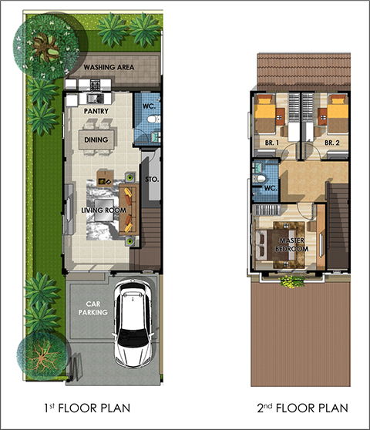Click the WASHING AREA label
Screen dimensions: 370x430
point(109,67)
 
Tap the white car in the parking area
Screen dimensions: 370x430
point(133,323)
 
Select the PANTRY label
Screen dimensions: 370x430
point(96,111)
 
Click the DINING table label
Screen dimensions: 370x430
point(96,139)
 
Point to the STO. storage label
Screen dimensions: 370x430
point(152,180)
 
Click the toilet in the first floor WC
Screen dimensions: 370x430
point(153,119)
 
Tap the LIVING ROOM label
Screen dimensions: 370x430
point(103,210)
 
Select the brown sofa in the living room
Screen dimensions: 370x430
point(129,210)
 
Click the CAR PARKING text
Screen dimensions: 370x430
point(92,308)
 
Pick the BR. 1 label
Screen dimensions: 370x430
point(272,143)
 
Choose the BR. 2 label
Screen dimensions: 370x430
point(332,143)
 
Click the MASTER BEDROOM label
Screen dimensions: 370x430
point(292,244)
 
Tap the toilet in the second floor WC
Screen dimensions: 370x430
point(259,179)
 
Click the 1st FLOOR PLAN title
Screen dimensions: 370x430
point(87,408)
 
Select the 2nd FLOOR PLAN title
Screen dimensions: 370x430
point(303,408)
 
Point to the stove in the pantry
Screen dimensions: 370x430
point(95,85)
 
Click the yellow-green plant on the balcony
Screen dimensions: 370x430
point(293,281)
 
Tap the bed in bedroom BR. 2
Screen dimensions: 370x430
point(338,114)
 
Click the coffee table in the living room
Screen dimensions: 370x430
point(104,210)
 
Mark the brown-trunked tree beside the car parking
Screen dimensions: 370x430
point(42,357)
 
